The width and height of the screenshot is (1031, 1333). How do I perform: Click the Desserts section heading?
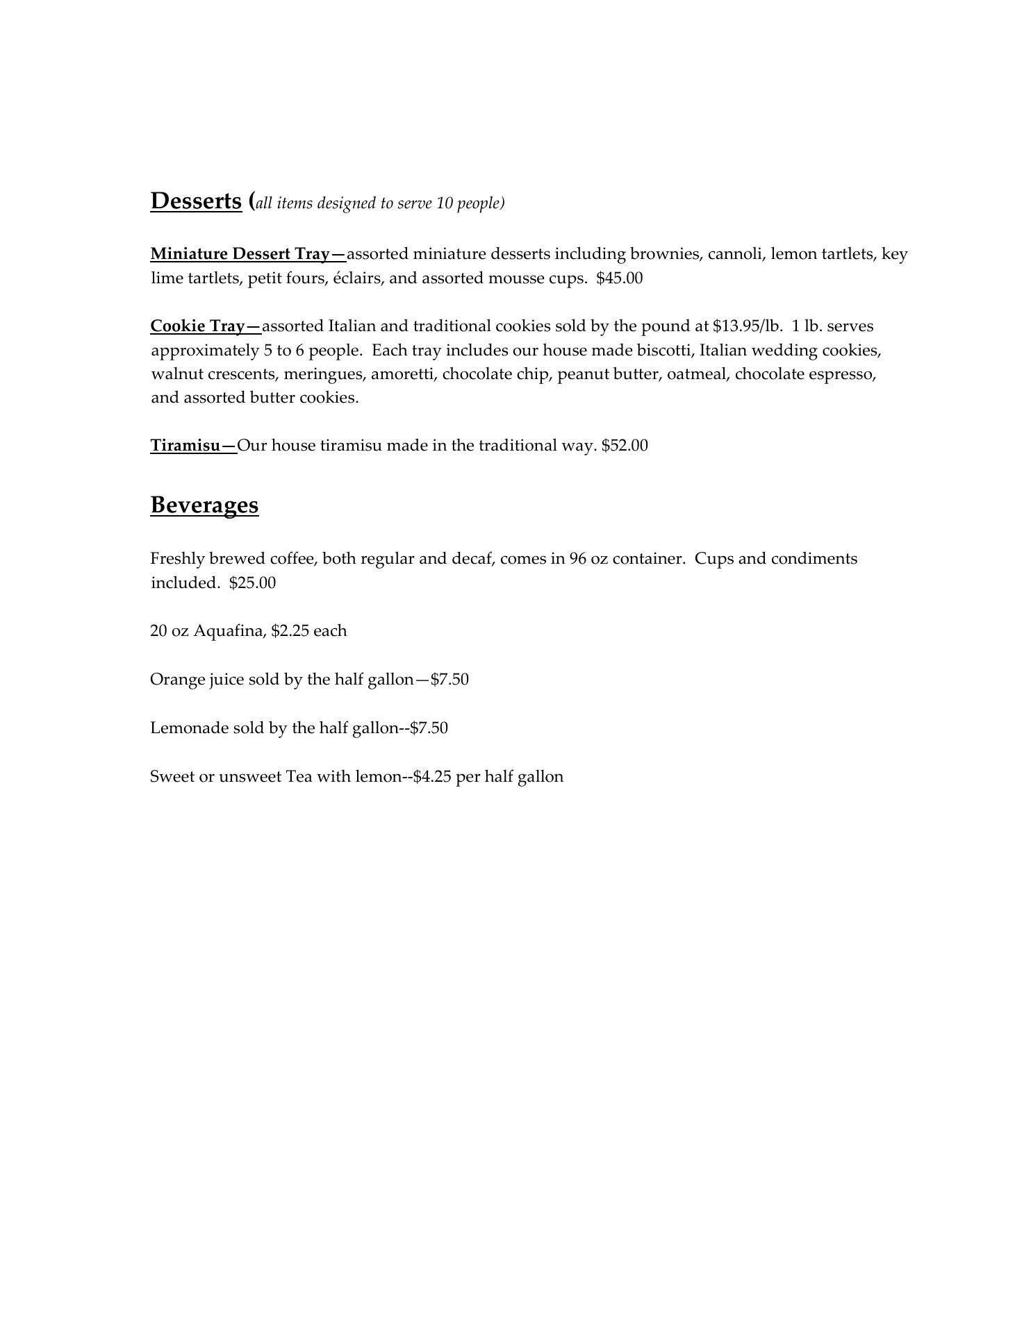(196, 201)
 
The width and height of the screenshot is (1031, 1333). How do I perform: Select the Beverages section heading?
(204, 505)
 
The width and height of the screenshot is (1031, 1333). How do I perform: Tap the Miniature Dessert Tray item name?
(240, 254)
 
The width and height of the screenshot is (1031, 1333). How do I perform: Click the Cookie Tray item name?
(197, 326)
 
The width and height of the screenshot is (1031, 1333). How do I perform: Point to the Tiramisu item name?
(185, 446)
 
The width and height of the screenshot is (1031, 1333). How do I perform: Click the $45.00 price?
(619, 278)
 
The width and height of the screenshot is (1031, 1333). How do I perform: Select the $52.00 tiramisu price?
(625, 446)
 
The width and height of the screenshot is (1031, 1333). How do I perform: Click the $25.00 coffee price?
(252, 583)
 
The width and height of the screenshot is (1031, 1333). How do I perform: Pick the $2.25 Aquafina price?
(290, 631)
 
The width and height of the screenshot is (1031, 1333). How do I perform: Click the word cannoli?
(735, 254)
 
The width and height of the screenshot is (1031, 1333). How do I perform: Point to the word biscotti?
(662, 351)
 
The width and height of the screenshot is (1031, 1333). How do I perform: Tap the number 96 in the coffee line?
(578, 559)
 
